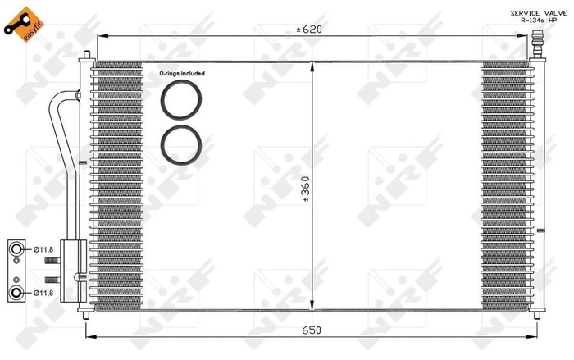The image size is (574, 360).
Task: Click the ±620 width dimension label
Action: point(309,30)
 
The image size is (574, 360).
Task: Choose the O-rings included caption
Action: point(182,73)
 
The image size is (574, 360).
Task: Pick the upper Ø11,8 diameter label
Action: point(43,248)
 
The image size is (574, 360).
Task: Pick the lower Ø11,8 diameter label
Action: point(43,291)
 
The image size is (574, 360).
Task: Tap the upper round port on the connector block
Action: point(16,248)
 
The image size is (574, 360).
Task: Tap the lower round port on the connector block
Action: point(16,291)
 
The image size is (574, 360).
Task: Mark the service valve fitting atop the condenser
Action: point(537,43)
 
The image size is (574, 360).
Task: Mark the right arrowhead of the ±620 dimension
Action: point(526,37)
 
